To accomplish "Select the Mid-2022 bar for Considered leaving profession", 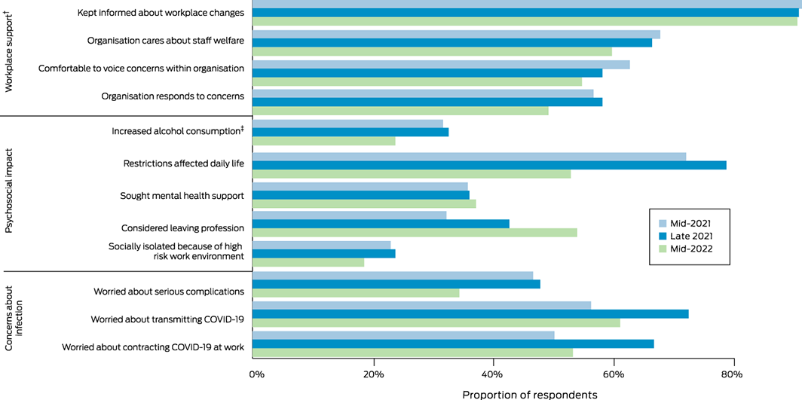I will click(x=414, y=232).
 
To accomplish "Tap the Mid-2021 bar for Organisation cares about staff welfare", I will click(x=455, y=34).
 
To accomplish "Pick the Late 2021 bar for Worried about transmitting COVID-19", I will click(x=470, y=313).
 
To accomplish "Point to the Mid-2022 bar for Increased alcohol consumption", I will click(x=323, y=141).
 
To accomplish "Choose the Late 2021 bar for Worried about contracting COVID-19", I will click(x=452, y=344).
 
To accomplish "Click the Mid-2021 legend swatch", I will click(x=663, y=223).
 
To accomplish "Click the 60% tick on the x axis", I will click(x=614, y=374).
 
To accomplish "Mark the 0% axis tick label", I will click(x=256, y=374).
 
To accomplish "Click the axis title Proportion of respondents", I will click(x=529, y=394).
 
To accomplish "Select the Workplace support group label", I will click(x=9, y=57).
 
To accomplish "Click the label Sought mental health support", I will click(x=182, y=196).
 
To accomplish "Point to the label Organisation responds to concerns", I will click(x=172, y=96).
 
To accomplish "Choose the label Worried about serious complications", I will click(x=168, y=291).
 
